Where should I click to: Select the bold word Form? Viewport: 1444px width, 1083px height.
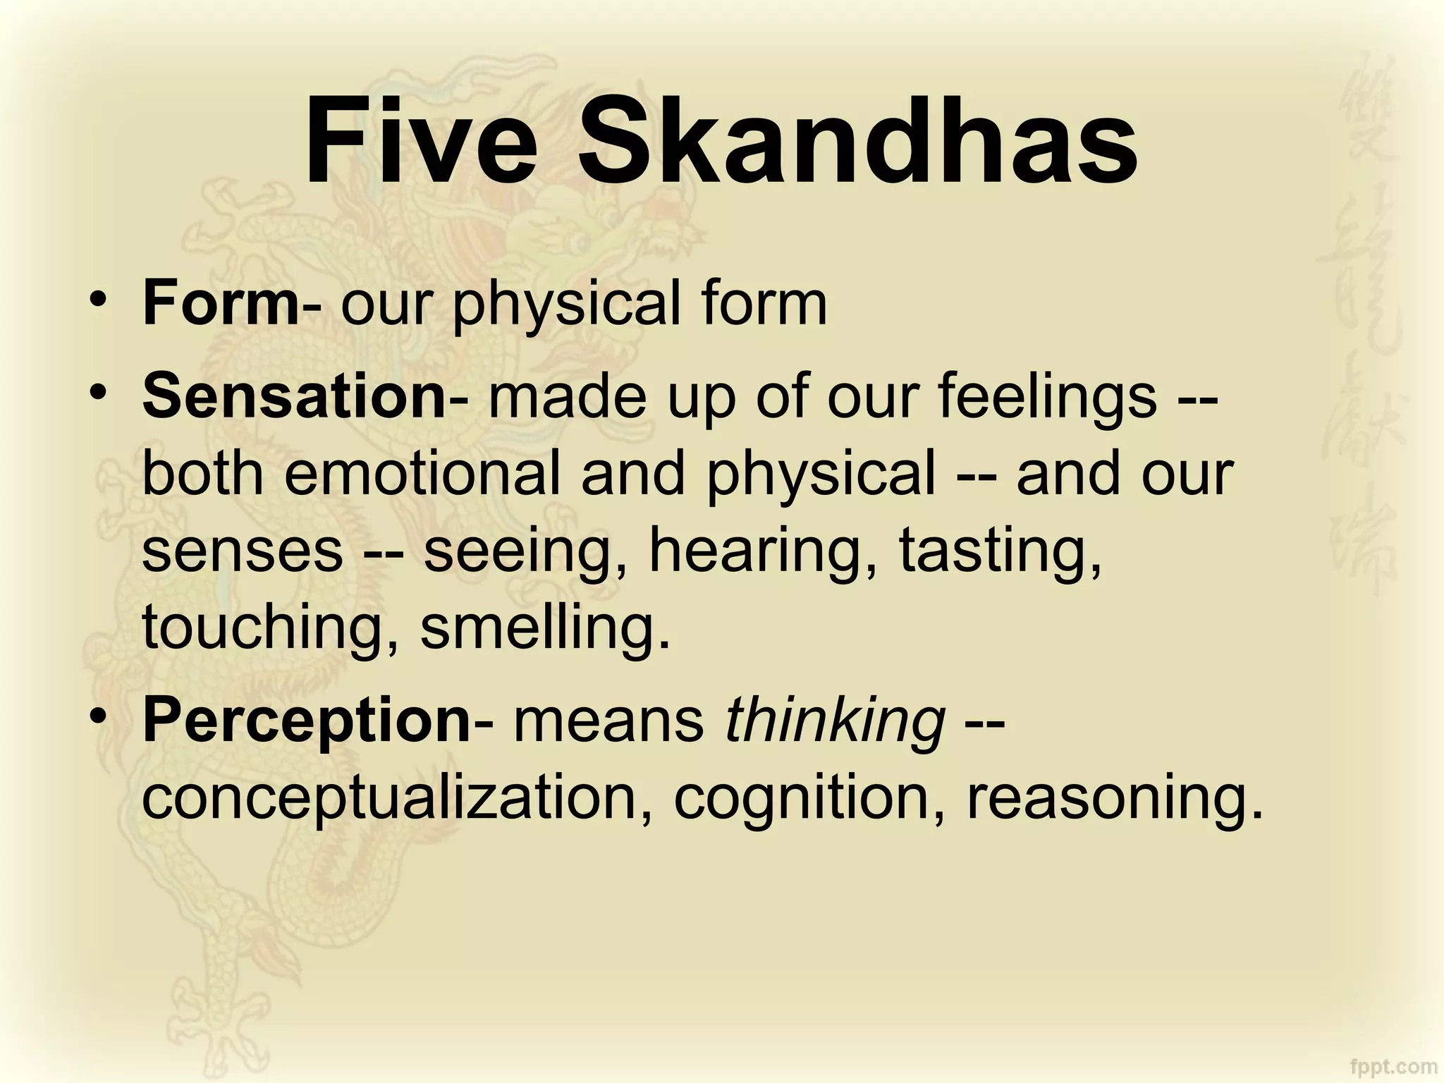click(221, 304)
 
